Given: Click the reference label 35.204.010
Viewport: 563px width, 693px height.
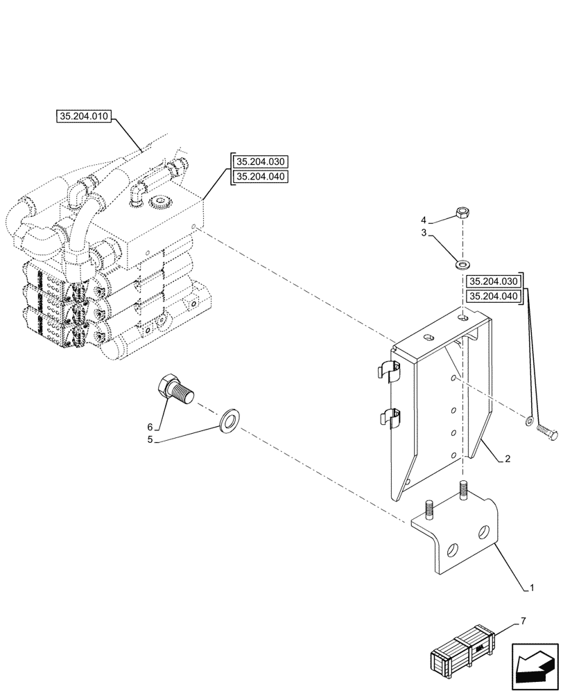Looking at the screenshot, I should click(83, 116).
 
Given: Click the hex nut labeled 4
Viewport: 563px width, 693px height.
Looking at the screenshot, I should click(463, 213).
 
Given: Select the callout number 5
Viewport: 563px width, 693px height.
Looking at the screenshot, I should click(150, 439).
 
